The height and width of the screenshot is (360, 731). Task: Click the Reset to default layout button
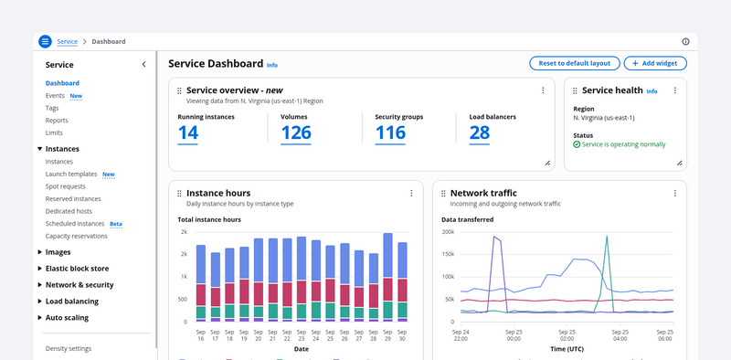[x=575, y=63]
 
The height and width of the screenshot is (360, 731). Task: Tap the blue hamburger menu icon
[x=45, y=41]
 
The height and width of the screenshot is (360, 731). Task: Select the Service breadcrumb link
[x=67, y=41]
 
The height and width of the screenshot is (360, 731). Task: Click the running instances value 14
[x=188, y=132]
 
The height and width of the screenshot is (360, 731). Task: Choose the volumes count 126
[x=296, y=132]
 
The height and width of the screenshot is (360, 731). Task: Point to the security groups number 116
[x=390, y=132]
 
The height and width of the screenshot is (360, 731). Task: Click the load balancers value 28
[x=479, y=132]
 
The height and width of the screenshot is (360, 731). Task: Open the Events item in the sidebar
[x=55, y=96]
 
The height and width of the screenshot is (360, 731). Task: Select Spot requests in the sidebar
[x=65, y=186]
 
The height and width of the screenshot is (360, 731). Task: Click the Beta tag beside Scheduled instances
[x=116, y=224]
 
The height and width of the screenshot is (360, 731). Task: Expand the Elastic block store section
[x=77, y=269]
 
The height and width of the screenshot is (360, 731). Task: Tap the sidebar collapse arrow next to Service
[x=143, y=64]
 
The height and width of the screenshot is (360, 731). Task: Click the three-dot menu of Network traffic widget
[x=674, y=193]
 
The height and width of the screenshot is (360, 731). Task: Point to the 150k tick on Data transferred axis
[x=449, y=255]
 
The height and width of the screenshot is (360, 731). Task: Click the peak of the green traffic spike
[x=607, y=236]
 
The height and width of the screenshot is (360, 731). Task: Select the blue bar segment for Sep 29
[x=387, y=256]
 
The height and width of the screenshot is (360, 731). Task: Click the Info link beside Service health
[x=652, y=91]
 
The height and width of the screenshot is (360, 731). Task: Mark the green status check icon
[x=577, y=144]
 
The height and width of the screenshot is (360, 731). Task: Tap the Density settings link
[x=69, y=349]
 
